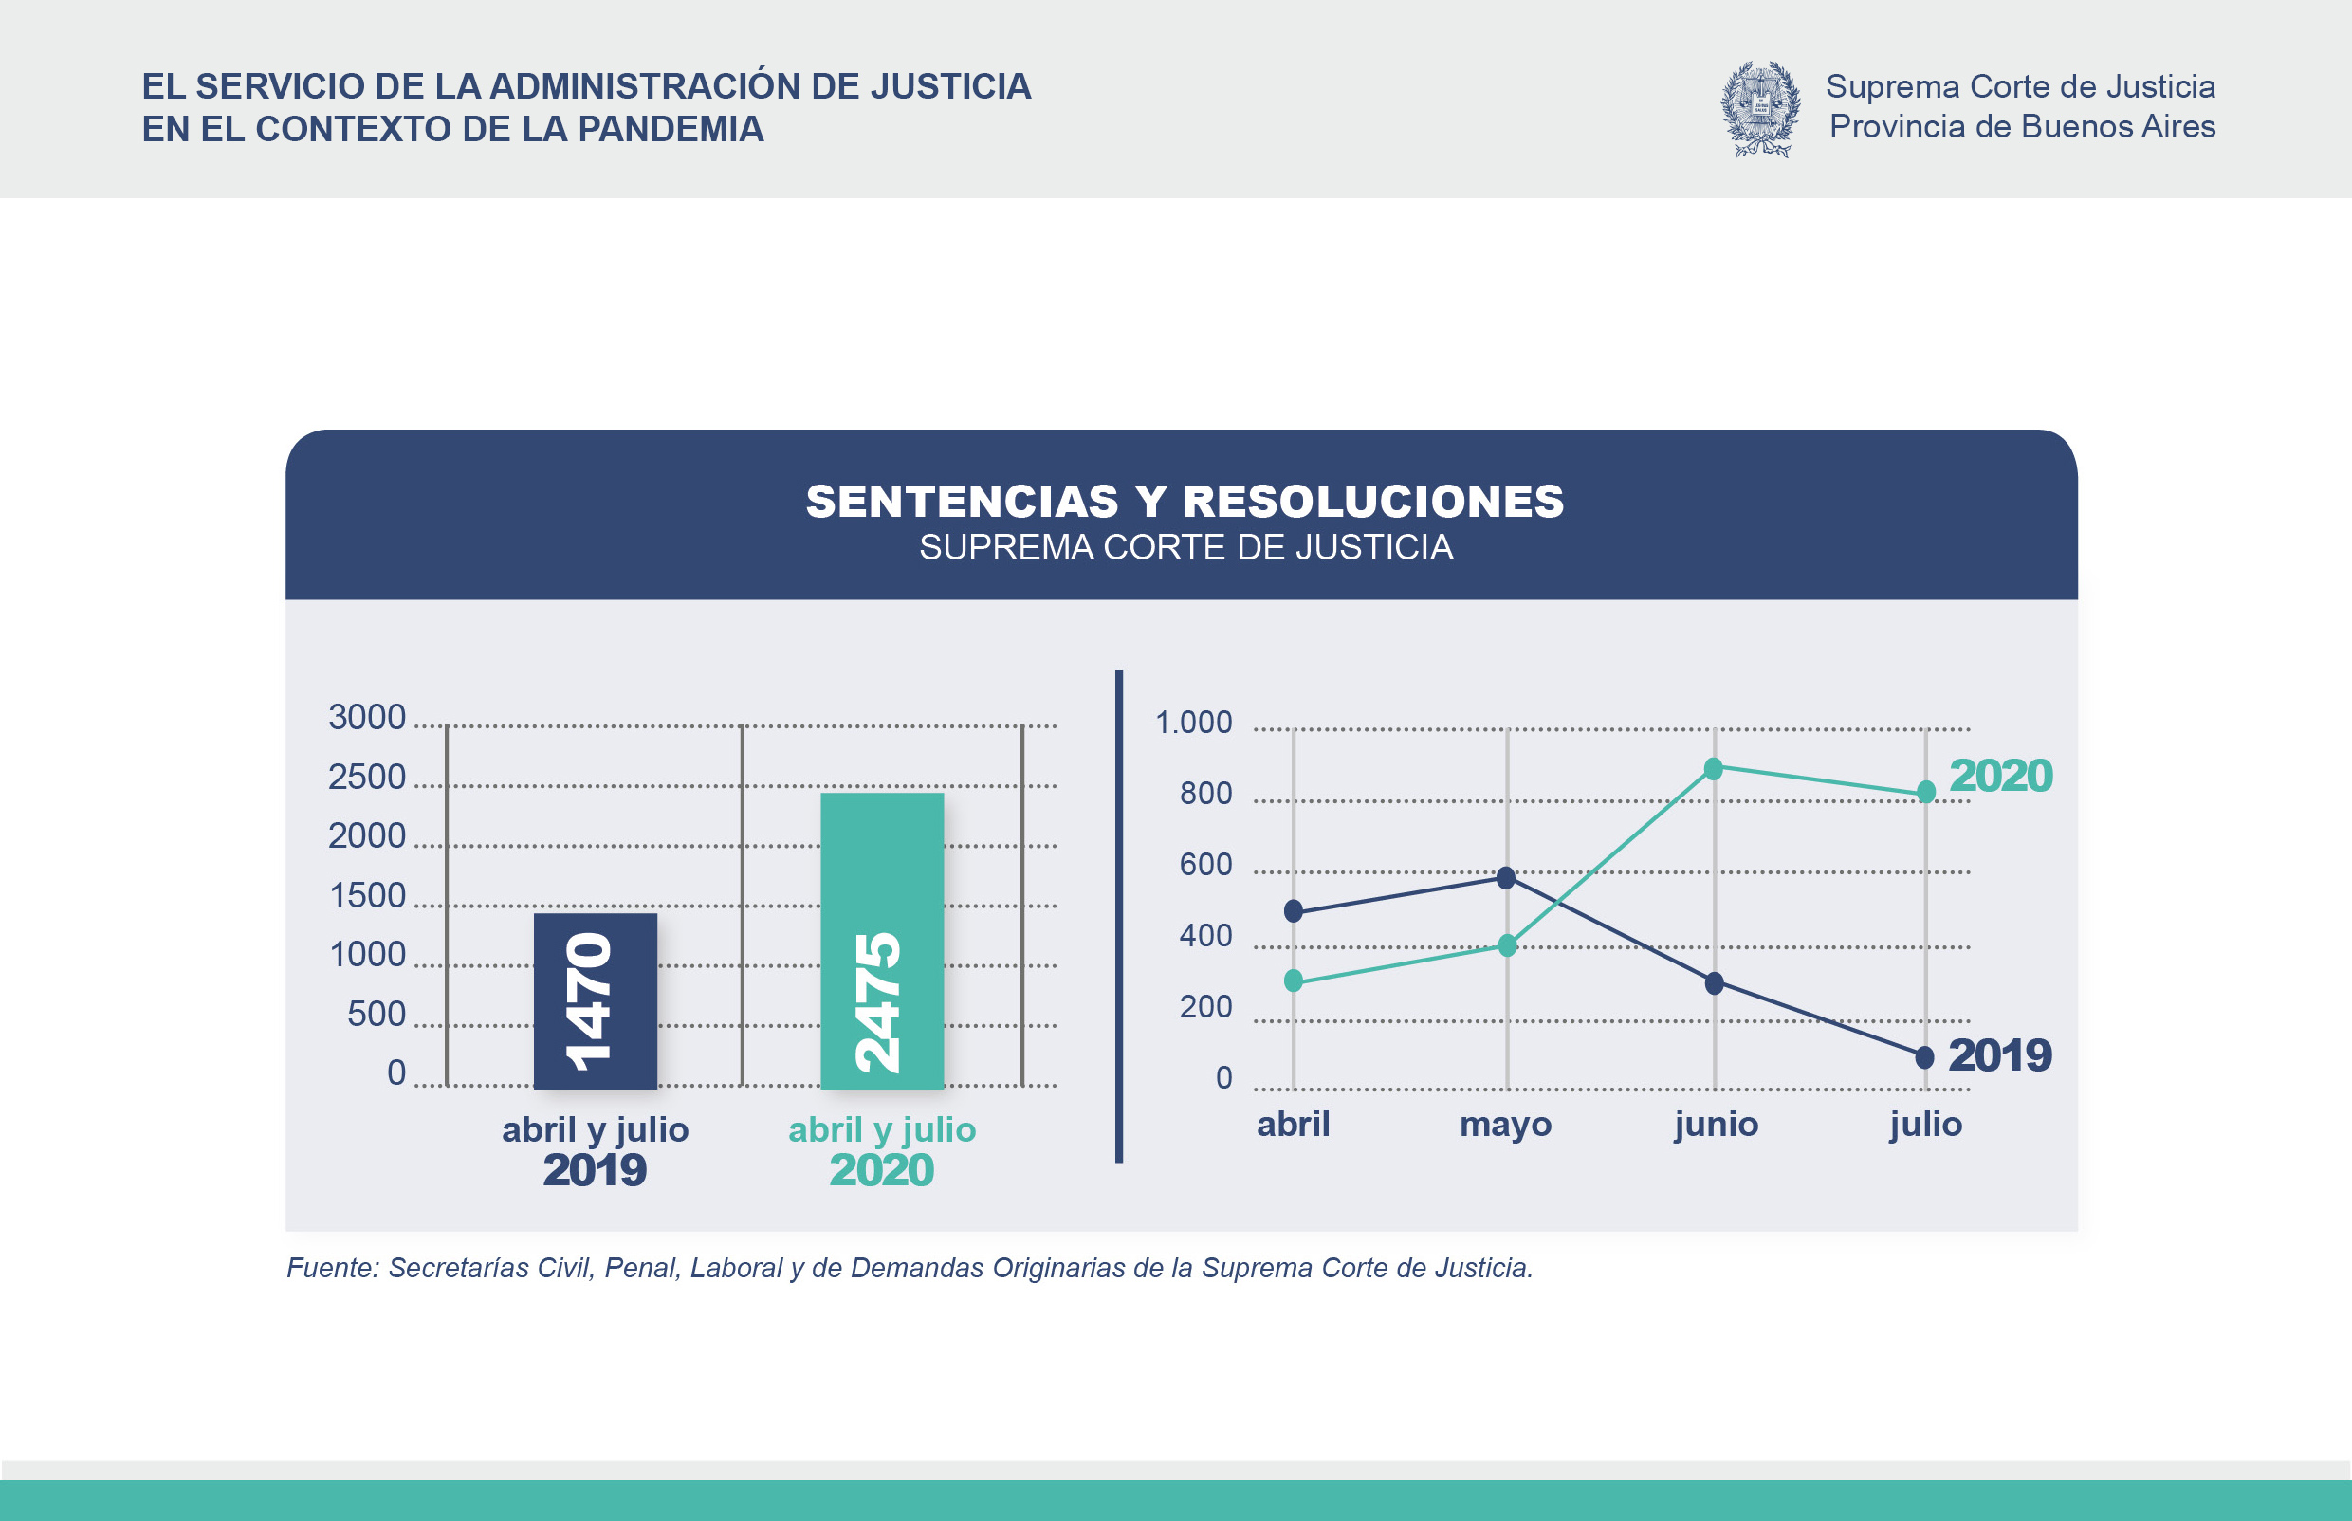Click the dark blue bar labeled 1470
coord(595,1000)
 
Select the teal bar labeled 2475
coord(881,941)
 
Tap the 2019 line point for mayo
coord(1505,877)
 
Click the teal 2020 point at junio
coord(1714,768)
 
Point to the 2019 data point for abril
coord(1293,910)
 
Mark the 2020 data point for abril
coord(1293,980)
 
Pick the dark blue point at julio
coord(1924,1056)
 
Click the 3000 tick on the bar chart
coord(366,717)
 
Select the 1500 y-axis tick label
coord(366,896)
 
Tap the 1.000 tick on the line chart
coord(1193,722)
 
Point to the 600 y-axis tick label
coord(1205,864)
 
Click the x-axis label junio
coord(1716,1124)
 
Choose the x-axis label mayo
coord(1505,1124)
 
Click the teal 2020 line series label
coord(2000,776)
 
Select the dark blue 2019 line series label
coord(1999,1054)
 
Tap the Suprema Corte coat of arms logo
coord(1760,109)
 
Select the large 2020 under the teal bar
coord(881,1170)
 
